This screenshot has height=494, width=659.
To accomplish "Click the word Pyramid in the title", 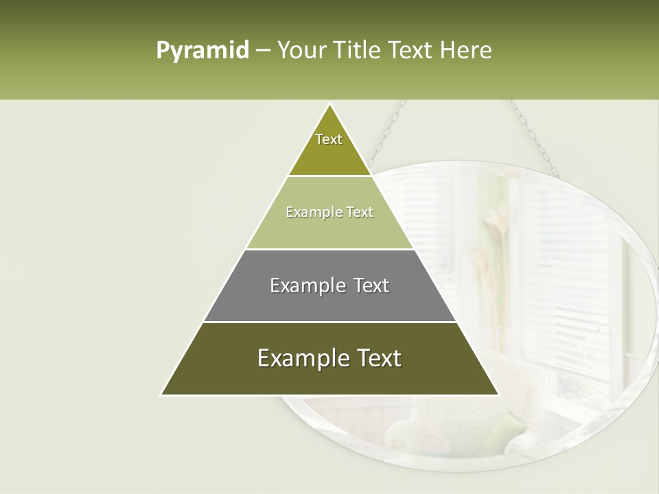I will (x=202, y=51).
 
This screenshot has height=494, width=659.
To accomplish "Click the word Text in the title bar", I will (x=412, y=51).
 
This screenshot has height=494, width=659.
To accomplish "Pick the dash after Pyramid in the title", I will (x=262, y=51).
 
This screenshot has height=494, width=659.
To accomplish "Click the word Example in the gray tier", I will (x=305, y=285).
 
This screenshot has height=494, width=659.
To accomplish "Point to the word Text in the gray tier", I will (x=371, y=285).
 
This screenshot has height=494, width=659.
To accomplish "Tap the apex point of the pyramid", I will (x=329, y=105).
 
